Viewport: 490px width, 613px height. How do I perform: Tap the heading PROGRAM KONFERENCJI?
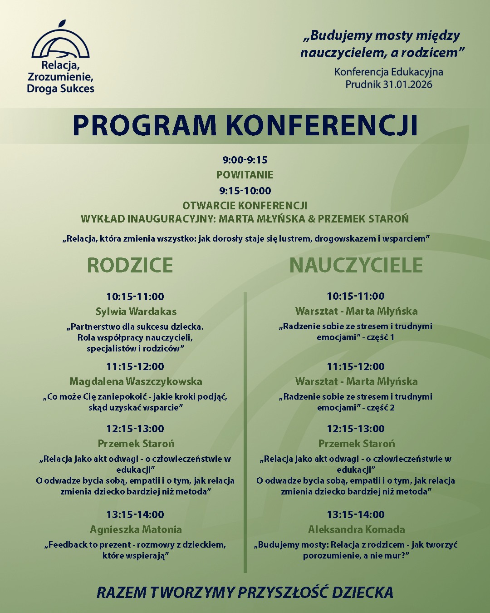click(245, 125)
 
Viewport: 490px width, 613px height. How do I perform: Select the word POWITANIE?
click(245, 175)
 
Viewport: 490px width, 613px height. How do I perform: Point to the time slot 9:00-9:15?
click(245, 160)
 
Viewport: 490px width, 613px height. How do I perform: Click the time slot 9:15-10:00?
click(245, 191)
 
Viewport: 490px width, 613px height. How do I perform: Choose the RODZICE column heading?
click(130, 265)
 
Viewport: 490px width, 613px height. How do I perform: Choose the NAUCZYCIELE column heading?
click(356, 265)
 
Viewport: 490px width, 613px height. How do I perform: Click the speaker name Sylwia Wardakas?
click(136, 311)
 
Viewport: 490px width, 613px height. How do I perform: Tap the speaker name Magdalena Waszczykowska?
click(136, 381)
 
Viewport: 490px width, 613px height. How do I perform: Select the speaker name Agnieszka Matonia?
click(136, 529)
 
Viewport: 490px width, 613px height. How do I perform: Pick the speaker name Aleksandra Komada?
click(356, 529)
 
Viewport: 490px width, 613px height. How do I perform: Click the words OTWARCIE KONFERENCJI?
click(245, 206)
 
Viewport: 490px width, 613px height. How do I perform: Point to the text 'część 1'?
click(380, 337)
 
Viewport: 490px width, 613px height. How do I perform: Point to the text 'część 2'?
click(380, 408)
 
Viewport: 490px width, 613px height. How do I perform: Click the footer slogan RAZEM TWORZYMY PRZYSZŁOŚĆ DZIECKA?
click(245, 593)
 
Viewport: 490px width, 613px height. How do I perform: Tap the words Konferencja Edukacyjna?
click(388, 72)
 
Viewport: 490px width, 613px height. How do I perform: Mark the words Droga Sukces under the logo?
click(60, 89)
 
